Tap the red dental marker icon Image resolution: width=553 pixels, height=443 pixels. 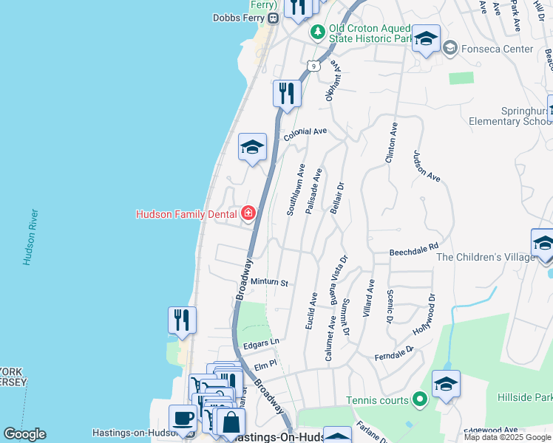coord(248,215)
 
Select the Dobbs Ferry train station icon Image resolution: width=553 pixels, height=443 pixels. coord(273,18)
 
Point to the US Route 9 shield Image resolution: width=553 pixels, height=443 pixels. coord(315,65)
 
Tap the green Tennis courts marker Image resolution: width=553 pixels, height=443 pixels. coord(420,400)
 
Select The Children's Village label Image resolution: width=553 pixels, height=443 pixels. coord(484,257)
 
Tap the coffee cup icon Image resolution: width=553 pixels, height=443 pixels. coord(183,418)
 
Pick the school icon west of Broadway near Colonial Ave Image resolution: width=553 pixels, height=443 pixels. coord(252,147)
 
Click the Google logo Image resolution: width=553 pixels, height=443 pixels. coord(24,434)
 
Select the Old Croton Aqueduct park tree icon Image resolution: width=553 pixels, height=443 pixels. coord(317,32)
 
